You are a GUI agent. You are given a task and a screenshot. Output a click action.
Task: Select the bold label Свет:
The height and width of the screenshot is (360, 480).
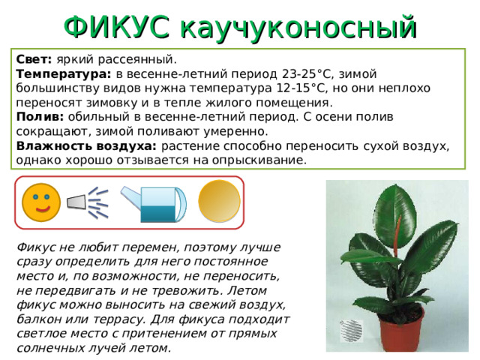tap(34, 58)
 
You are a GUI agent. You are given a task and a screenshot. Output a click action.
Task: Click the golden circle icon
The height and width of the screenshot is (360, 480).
tap(219, 201)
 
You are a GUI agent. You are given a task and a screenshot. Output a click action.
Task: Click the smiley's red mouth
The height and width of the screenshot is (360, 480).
tap(43, 208)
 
